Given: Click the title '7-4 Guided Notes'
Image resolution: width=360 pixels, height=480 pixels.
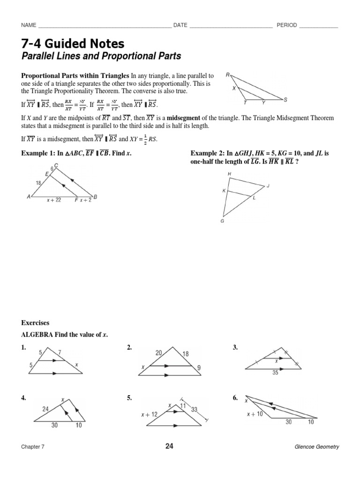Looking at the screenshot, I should point(73,44).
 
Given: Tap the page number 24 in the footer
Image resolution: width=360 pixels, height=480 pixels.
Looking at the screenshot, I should point(169,446).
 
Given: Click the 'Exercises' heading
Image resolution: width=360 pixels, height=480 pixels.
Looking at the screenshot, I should point(35,323).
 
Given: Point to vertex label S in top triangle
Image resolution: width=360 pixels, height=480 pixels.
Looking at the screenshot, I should point(285,99).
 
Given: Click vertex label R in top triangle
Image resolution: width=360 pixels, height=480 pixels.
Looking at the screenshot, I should point(227,75).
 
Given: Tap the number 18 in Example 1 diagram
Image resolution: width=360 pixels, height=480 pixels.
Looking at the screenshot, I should point(38,184).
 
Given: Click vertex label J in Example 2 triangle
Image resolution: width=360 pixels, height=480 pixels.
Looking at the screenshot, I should point(268,186).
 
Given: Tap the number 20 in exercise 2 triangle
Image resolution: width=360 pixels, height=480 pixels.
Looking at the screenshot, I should point(158,353).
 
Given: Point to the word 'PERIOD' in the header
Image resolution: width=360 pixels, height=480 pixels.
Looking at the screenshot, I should point(286,25).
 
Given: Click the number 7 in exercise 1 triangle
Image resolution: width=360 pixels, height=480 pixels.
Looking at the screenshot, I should point(59,352).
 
